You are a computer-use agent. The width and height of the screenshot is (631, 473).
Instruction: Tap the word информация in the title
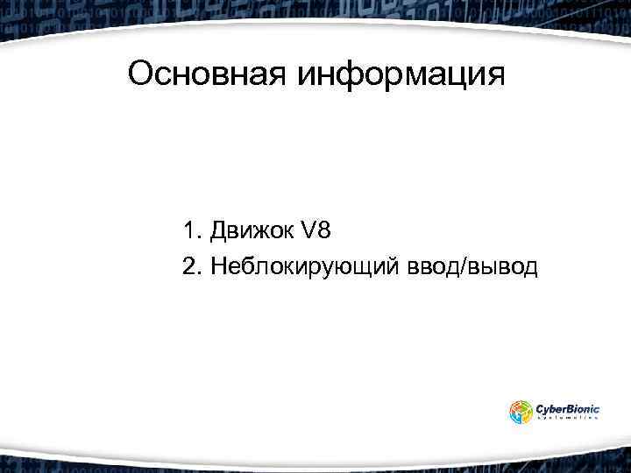click(402, 76)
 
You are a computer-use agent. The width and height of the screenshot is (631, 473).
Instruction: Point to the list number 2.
click(191, 265)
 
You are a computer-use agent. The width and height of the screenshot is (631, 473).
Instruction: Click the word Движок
click(251, 232)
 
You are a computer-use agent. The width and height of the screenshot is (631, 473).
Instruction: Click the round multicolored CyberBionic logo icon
click(521, 412)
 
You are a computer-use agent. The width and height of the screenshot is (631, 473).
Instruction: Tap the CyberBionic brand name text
click(568, 407)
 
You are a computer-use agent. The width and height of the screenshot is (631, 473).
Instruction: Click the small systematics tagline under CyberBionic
click(568, 420)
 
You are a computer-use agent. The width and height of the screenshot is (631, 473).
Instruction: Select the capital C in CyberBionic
click(541, 407)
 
